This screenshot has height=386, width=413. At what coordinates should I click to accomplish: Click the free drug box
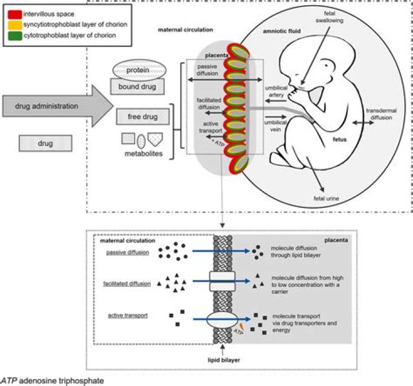142,117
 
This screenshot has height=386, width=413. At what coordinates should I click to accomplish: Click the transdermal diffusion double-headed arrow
365,123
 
